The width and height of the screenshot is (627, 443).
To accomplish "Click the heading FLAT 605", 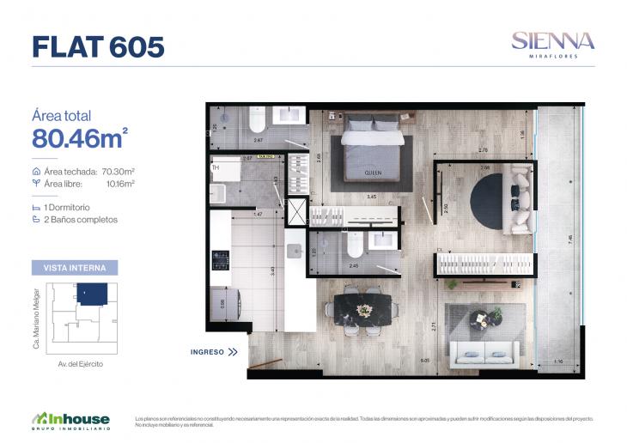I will pyautogui.click(x=98, y=46).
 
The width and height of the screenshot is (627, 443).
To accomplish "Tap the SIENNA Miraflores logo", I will pyautogui.click(x=552, y=43).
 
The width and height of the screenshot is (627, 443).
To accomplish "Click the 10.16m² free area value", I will pyautogui.click(x=119, y=183).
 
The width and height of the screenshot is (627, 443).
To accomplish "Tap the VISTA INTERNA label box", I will pyautogui.click(x=75, y=268).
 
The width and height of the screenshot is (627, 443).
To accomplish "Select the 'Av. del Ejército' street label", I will pyautogui.click(x=81, y=364).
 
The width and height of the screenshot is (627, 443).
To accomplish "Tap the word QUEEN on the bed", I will pyautogui.click(x=373, y=173).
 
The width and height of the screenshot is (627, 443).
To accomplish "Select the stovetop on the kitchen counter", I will pyautogui.click(x=221, y=258).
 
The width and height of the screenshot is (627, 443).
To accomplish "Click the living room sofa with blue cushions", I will pyautogui.click(x=486, y=352).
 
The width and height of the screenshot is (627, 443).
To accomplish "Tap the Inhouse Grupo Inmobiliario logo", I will pyautogui.click(x=71, y=421).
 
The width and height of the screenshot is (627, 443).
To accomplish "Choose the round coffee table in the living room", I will pyautogui.click(x=479, y=319).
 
